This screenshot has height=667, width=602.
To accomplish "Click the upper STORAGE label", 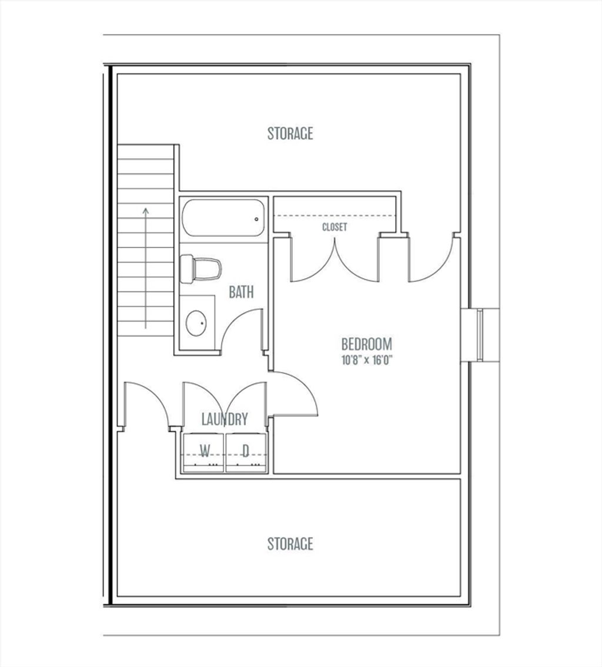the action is point(290,133).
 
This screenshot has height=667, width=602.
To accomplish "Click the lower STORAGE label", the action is point(290,544).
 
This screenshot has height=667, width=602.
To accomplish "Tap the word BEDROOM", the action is point(367,343).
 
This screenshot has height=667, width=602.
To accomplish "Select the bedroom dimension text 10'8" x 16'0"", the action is point(367,361).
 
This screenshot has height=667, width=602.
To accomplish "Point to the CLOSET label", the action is point(335,227).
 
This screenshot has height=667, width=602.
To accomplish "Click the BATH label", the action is point(241,292).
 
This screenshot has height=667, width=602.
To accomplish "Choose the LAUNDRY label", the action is point(225,419).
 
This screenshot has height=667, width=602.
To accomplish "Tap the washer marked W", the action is point(203,453).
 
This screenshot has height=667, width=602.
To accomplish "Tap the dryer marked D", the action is point(246,453).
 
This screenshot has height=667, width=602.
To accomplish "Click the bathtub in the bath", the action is point(223,218).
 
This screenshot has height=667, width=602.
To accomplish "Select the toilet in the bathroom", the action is point(200,269).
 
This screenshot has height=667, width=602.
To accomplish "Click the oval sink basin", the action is point(196,324).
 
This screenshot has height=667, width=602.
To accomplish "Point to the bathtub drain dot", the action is point(256,220).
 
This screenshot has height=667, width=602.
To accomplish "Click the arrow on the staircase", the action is point(146,268).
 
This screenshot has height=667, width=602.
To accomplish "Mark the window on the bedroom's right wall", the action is point(480,335).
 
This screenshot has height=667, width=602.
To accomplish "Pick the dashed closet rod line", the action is point(335,215).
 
